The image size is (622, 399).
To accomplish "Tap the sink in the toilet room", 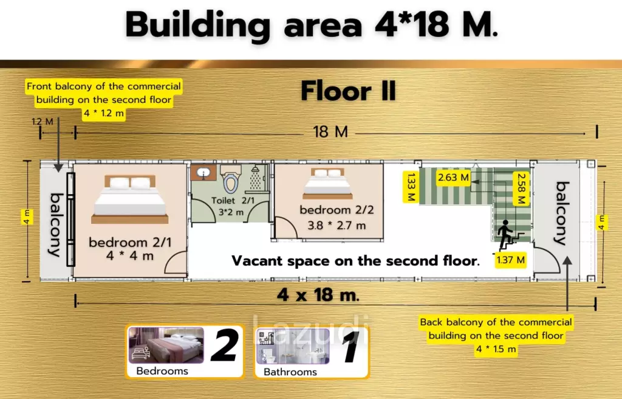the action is coord(203,173).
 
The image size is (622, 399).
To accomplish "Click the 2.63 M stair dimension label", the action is coord(453,177).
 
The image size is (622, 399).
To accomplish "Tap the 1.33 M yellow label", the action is coord(411,186).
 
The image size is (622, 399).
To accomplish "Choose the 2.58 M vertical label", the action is coord(521,189).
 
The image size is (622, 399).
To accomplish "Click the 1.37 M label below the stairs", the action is coord(510,260).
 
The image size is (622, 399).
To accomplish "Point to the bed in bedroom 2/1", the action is coord(130,199).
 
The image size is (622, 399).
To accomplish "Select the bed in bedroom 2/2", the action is coord(327,184).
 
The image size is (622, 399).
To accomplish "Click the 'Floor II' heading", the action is coord(348,91).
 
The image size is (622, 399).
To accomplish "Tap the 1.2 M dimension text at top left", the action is coord(42,122).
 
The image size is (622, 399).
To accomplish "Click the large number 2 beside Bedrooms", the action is coord(224,346).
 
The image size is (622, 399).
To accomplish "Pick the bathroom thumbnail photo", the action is coord(293,346).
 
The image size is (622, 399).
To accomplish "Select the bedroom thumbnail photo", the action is coord(166,345).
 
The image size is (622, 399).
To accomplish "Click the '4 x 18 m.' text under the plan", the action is coord(318,295).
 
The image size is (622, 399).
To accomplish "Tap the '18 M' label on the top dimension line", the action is coord(330,131).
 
